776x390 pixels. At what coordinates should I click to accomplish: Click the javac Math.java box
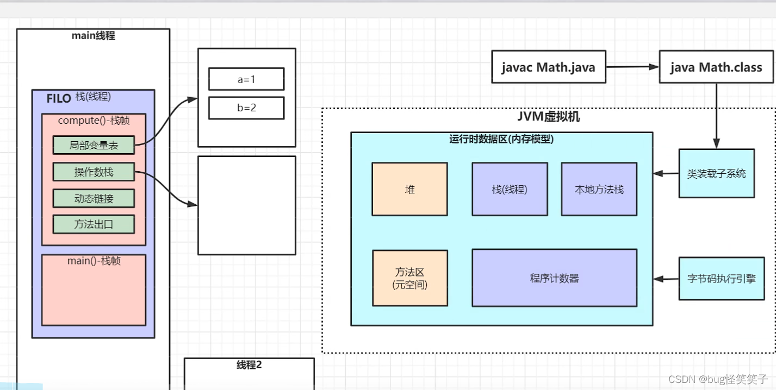(548, 67)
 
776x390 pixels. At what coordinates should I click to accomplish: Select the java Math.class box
(716, 67)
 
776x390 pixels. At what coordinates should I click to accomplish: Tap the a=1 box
(246, 79)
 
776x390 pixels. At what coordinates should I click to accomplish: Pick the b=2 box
(246, 108)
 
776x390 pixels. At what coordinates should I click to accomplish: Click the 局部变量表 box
(94, 145)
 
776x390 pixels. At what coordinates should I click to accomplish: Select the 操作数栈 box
(94, 172)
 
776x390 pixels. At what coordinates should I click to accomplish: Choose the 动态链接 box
(94, 198)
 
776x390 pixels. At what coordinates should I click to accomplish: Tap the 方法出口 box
(94, 224)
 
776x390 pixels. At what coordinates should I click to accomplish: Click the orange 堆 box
(409, 189)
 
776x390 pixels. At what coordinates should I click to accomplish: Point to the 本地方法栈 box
(599, 189)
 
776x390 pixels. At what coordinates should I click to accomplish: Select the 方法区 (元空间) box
(409, 278)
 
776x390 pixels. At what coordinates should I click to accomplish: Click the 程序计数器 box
(554, 278)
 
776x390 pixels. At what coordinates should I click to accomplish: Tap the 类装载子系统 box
(716, 173)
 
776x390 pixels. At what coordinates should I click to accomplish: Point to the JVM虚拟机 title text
(548, 117)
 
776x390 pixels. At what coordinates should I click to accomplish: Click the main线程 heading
(93, 36)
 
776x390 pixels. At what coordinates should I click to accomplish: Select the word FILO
(59, 98)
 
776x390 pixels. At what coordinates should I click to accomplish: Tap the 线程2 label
(249, 365)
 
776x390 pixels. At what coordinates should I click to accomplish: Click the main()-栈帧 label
(94, 261)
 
